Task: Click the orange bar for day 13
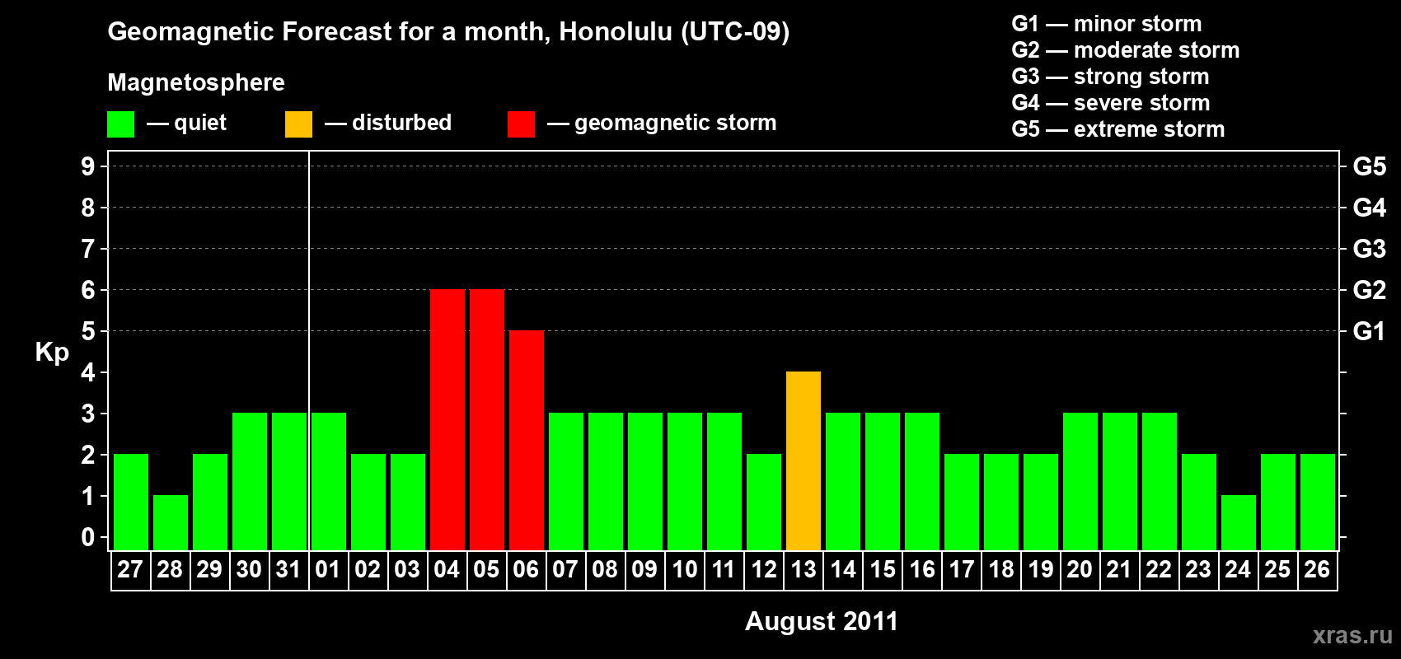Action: [803, 460]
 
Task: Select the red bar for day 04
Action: [447, 419]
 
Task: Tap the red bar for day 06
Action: [526, 440]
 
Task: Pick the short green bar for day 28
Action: [170, 523]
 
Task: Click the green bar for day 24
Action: [1238, 523]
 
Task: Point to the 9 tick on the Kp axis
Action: [87, 166]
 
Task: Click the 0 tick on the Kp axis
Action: [87, 537]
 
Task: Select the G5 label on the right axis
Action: [1369, 166]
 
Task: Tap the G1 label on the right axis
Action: [1369, 331]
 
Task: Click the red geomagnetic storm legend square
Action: [521, 124]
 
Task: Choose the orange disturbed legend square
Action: [298, 124]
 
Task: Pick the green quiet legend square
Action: [120, 124]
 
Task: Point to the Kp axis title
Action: [52, 353]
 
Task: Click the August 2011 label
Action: [821, 621]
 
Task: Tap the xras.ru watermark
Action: [1352, 635]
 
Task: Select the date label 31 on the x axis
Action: [288, 569]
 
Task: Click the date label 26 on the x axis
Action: [1317, 569]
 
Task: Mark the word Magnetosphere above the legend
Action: [196, 82]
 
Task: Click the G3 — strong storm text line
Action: [1110, 77]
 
